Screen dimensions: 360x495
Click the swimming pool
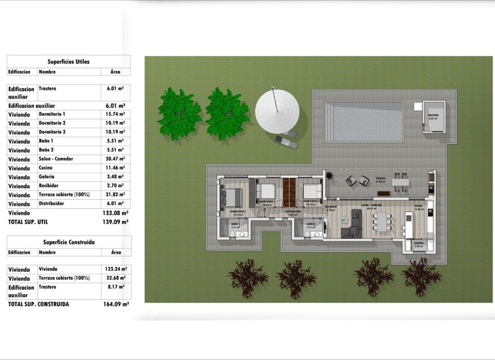pos(363,121)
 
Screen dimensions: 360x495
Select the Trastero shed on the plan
pos(433,117)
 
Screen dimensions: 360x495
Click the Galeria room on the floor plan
pos(418,245)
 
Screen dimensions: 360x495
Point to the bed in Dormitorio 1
pos(231,197)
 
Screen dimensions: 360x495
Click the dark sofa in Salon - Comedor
pos(353,223)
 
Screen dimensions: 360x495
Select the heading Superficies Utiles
pos(69,61)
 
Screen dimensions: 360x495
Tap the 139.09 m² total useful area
pos(117,222)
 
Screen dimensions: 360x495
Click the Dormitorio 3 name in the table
pos(52,132)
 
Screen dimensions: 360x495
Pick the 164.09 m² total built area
pos(117,304)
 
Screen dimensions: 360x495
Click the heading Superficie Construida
pos(69,242)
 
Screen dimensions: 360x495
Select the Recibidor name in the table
pos(49,186)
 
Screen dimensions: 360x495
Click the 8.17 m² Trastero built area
pos(116,287)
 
